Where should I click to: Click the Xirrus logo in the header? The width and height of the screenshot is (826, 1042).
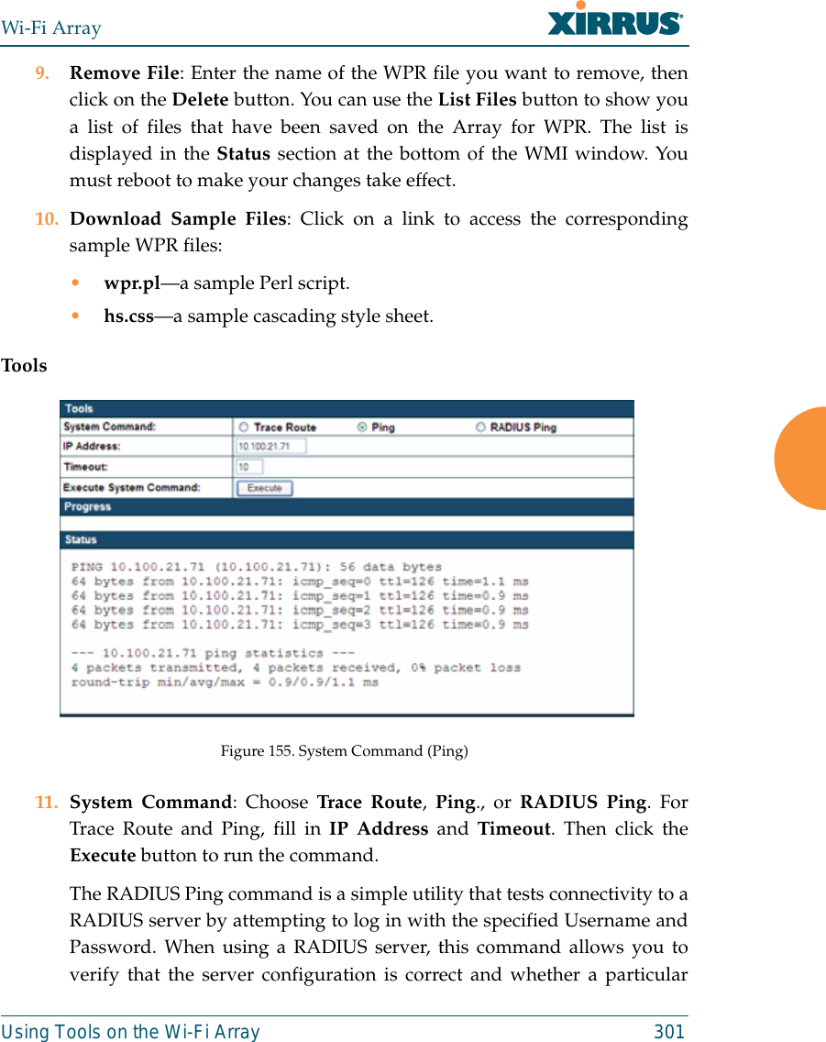tap(615, 20)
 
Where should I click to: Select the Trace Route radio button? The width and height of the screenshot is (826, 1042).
tap(244, 427)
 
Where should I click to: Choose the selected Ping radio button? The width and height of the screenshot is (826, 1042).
tap(361, 427)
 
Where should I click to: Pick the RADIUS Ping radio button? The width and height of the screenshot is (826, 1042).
tap(481, 427)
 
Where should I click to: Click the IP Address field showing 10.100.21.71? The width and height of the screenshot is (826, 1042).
tap(270, 447)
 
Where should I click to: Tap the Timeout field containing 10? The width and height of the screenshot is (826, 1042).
tap(249, 467)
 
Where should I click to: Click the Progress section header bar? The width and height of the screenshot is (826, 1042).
tap(347, 506)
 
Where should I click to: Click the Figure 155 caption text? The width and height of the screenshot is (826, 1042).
tap(344, 751)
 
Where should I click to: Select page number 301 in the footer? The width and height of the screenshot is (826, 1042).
tap(668, 1032)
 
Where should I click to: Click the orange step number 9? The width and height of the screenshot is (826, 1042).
tap(42, 73)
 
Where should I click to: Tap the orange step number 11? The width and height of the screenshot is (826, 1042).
tap(46, 802)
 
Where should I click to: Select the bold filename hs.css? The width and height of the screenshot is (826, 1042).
tap(128, 316)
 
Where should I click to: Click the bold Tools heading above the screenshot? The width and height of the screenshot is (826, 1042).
tap(24, 366)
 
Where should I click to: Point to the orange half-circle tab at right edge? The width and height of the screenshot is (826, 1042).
tap(801, 459)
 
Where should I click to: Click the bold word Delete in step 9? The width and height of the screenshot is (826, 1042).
tap(200, 100)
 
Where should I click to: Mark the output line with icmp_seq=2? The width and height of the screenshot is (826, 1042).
tap(300, 610)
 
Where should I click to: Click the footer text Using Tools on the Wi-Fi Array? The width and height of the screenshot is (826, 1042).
tap(130, 1032)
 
